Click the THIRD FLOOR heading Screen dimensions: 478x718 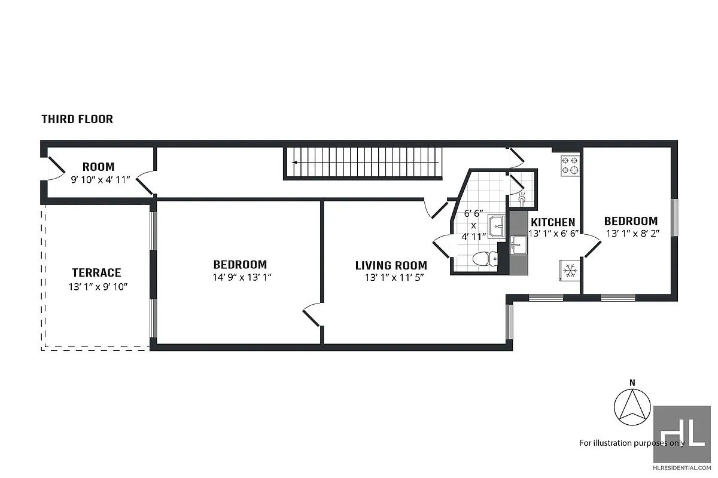[77, 119]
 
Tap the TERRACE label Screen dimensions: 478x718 [96, 272]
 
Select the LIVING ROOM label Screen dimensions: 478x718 [391, 265]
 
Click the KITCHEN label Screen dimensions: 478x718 [552, 222]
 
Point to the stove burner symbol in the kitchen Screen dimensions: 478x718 [570, 165]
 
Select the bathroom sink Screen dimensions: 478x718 [497, 226]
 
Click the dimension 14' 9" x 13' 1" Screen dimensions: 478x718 [240, 277]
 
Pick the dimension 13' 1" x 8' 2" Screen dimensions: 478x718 [631, 235]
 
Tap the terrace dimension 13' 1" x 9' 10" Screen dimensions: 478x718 [98, 287]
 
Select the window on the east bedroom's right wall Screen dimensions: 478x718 [674, 217]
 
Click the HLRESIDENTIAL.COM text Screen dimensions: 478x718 [682, 468]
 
